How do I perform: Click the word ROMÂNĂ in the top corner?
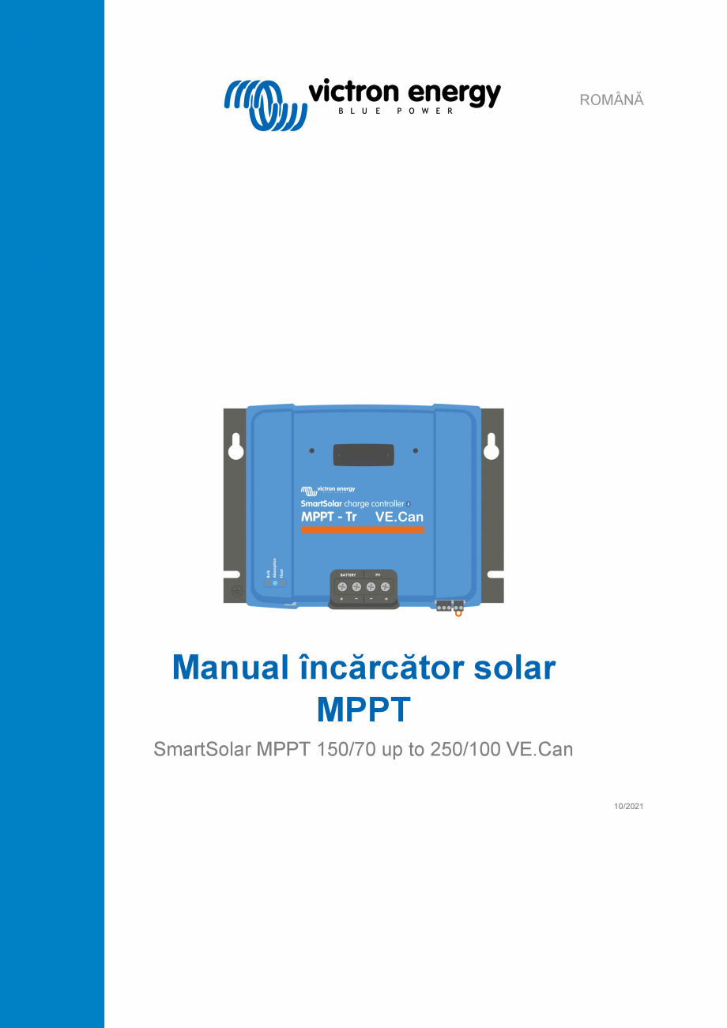click(612, 100)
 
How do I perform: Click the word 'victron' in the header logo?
click(352, 92)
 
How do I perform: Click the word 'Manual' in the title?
click(231, 668)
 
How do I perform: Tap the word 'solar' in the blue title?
click(514, 668)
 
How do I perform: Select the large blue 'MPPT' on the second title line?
click(363, 710)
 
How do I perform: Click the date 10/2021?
click(629, 806)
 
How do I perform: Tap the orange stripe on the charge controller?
click(363, 529)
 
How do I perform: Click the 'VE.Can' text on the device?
click(399, 517)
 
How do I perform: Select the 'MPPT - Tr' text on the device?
click(329, 517)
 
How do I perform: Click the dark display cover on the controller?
click(363, 455)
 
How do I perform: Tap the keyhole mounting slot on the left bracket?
click(235, 447)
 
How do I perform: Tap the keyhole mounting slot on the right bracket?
click(492, 447)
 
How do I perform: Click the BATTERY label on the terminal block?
click(348, 574)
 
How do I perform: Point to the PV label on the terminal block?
click(378, 574)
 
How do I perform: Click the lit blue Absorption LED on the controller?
click(274, 583)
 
